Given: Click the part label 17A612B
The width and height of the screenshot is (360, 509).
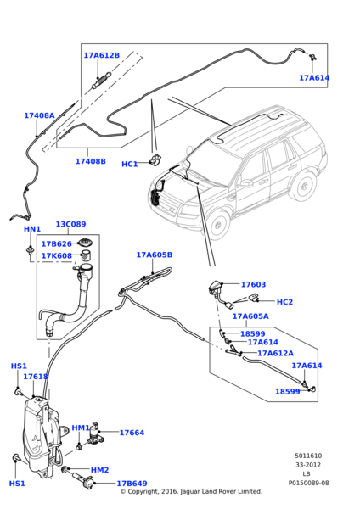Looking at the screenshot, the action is tap(101, 55).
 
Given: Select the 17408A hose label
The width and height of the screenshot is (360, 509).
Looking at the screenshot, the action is tap(39, 115).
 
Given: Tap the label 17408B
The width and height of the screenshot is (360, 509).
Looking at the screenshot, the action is tap(91, 161).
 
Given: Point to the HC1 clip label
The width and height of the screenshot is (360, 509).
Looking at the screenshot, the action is tap(129, 165).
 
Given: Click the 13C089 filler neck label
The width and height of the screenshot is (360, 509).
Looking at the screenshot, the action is tap(70, 224).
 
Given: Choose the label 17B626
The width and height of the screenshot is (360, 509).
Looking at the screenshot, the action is tap(56, 243).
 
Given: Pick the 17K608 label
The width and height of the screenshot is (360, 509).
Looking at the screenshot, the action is tap(56, 256).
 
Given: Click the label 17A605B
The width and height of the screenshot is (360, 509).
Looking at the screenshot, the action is tap(154, 255).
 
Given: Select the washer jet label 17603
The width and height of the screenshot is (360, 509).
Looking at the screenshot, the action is tap(253, 284).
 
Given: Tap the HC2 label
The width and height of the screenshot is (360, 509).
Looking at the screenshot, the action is tap(284, 302).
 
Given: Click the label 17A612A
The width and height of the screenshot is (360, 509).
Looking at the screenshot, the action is tap(275, 353).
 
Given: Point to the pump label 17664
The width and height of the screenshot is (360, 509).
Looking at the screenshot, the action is tap(132, 433).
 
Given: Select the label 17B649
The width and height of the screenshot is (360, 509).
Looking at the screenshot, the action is tap(132, 484).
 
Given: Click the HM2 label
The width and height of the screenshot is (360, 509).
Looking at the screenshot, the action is tap(99, 470).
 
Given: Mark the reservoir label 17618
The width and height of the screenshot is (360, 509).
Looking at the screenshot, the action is tap(36, 377).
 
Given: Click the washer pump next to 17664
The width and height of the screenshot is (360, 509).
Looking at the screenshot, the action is tap(95, 433).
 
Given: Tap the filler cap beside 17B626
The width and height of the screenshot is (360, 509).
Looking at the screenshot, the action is tap(86, 243).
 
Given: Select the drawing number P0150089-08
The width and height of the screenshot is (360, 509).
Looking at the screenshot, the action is tap(308, 483).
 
